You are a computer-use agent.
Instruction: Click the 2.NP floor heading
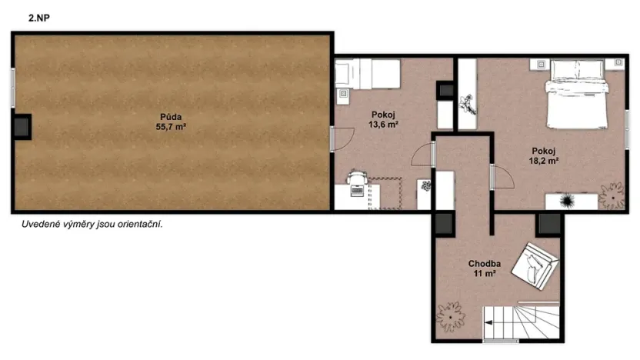click(40, 16)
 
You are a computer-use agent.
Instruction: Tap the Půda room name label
click(172, 118)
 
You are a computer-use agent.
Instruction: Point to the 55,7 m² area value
click(172, 128)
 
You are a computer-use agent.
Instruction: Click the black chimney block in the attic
click(22, 127)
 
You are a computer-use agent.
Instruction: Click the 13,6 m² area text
click(382, 124)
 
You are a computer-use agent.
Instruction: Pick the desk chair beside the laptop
click(356, 178)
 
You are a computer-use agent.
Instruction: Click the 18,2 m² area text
click(543, 161)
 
